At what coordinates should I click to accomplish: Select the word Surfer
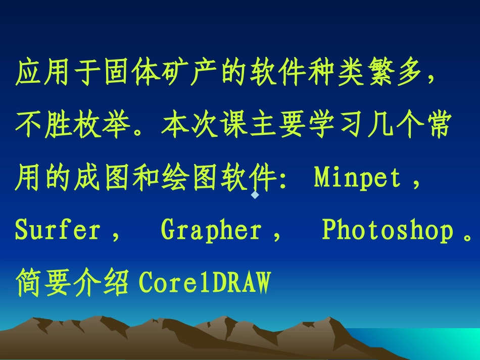[x=58, y=230]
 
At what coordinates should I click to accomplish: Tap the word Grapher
[x=211, y=230]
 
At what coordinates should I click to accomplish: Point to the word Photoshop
[x=388, y=230]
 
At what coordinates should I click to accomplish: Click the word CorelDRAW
[x=205, y=283]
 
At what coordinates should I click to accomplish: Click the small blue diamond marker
[x=255, y=194]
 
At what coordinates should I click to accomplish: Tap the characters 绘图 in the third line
[x=191, y=178]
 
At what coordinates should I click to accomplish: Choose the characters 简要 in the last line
[x=44, y=283]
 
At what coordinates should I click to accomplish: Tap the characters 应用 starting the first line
[x=44, y=74]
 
